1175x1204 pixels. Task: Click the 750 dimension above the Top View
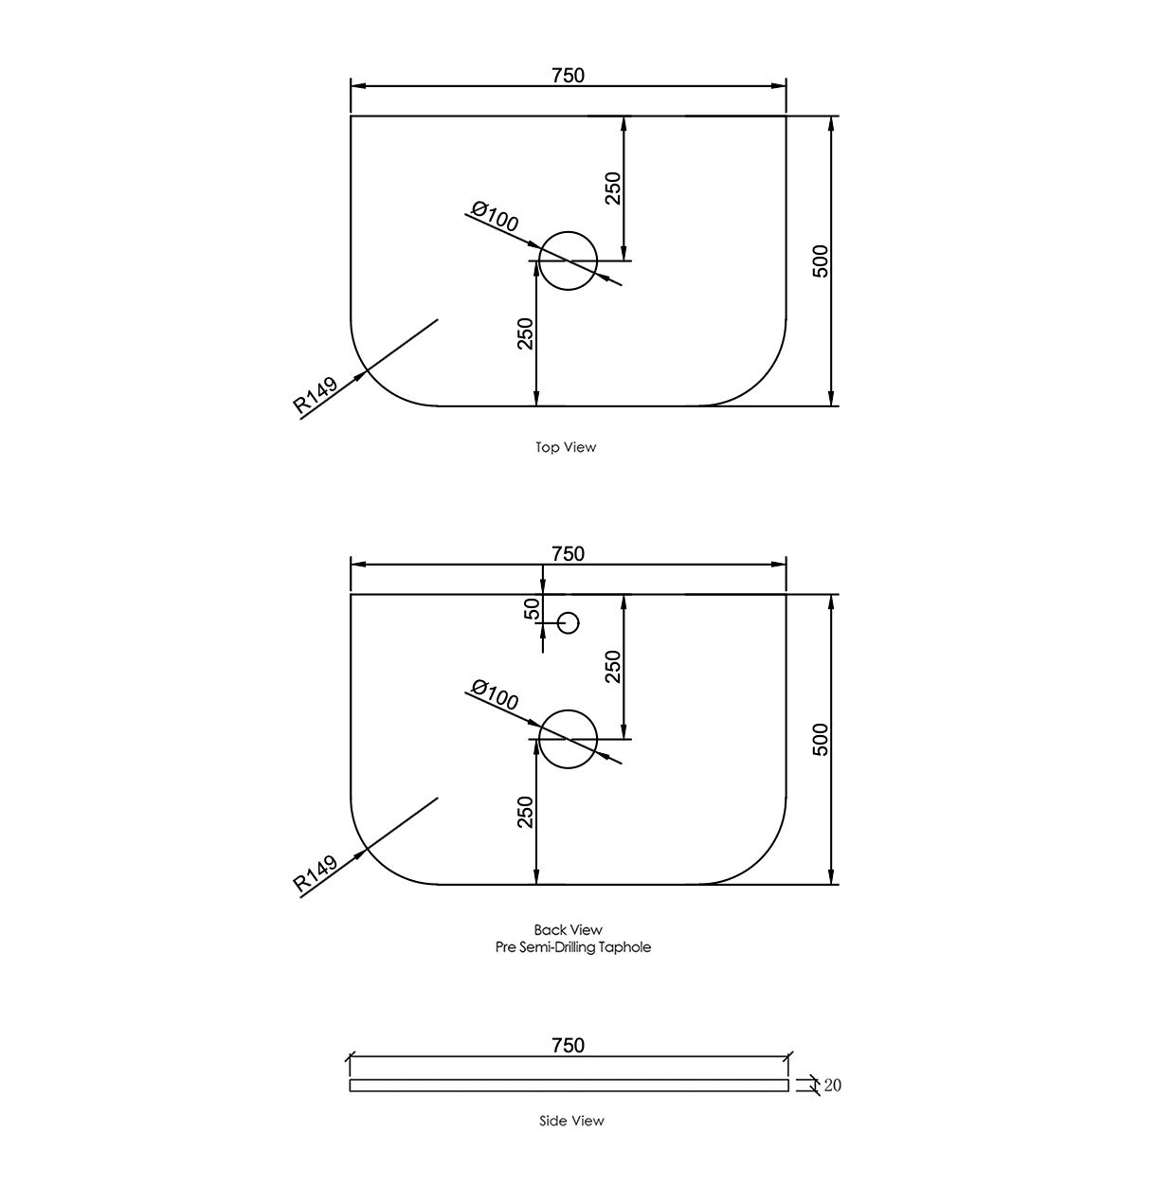tap(568, 75)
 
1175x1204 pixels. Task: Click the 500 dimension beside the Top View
tap(821, 261)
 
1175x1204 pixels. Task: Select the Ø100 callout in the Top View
tap(495, 217)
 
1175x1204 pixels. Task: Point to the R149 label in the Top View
tap(316, 397)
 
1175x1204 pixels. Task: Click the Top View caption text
tap(566, 447)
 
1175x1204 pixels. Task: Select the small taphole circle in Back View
tap(568, 622)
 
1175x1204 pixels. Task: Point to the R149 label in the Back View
tap(316, 875)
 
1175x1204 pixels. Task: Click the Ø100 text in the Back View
tap(495, 695)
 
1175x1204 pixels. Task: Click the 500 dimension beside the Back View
tap(821, 739)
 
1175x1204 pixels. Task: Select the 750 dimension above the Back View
tap(568, 553)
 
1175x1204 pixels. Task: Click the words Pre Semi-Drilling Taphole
tap(573, 947)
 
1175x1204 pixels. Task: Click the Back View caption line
tap(568, 930)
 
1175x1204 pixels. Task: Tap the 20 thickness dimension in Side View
tap(832, 1086)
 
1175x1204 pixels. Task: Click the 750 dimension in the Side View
tap(568, 1045)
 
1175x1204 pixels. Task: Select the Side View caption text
tap(571, 1121)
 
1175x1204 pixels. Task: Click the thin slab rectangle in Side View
tap(569, 1086)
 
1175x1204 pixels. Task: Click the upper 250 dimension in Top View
tap(613, 188)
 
